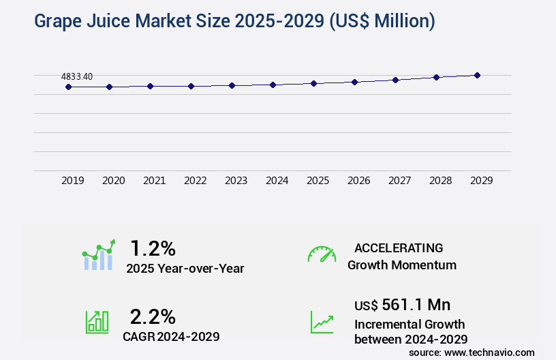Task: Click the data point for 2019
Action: click(68, 87)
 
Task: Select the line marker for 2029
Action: click(477, 75)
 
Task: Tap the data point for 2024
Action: click(273, 85)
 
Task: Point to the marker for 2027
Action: click(395, 80)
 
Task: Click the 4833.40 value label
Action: click(77, 76)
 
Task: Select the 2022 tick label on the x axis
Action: click(196, 181)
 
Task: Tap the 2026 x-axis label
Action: click(359, 181)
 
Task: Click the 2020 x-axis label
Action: click(114, 181)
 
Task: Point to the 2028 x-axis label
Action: click(441, 181)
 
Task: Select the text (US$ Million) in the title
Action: click(382, 22)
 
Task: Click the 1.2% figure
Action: click(153, 247)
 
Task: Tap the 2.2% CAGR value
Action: click(153, 316)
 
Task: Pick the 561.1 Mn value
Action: click(416, 304)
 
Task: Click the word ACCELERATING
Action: click(399, 248)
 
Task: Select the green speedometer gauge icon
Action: click(322, 254)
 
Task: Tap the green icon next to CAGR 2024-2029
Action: click(97, 321)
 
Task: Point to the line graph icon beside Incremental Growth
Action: click(322, 322)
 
